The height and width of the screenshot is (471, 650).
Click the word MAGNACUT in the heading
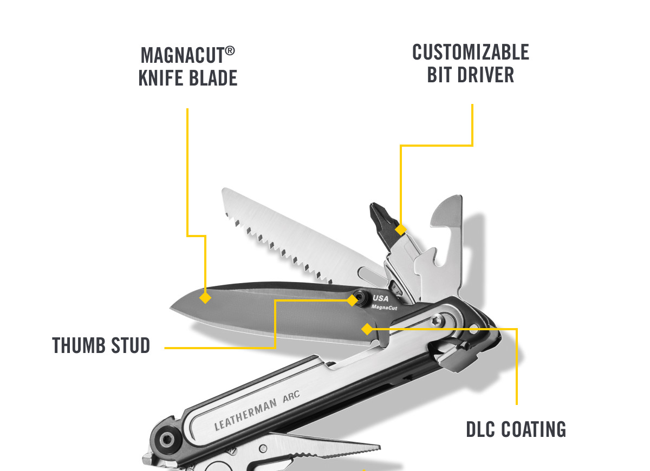pyautogui.click(x=182, y=55)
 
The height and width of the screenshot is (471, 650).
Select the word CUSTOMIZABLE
pyautogui.click(x=470, y=52)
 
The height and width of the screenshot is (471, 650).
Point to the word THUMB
pyautogui.click(x=79, y=345)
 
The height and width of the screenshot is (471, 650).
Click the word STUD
pyautogui.click(x=131, y=345)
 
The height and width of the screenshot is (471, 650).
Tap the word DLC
pyautogui.click(x=480, y=429)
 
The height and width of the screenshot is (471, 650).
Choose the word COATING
pyautogui.click(x=534, y=429)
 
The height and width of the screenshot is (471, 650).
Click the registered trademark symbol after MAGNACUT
pyautogui.click(x=230, y=51)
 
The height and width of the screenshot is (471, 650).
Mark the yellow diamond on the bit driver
pyautogui.click(x=400, y=230)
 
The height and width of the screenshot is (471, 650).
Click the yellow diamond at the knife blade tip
pyautogui.click(x=205, y=298)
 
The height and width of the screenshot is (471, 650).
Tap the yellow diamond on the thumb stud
pyautogui.click(x=352, y=300)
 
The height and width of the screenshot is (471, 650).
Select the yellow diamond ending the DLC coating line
pyautogui.click(x=367, y=329)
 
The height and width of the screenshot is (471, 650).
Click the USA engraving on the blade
pyautogui.click(x=380, y=298)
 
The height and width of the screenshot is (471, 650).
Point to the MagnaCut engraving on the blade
pyautogui.click(x=384, y=308)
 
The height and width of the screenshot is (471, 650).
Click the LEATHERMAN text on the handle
pyautogui.click(x=245, y=415)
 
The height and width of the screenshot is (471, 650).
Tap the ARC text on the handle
pyautogui.click(x=291, y=396)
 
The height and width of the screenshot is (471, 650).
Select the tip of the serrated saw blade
pyautogui.click(x=224, y=189)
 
